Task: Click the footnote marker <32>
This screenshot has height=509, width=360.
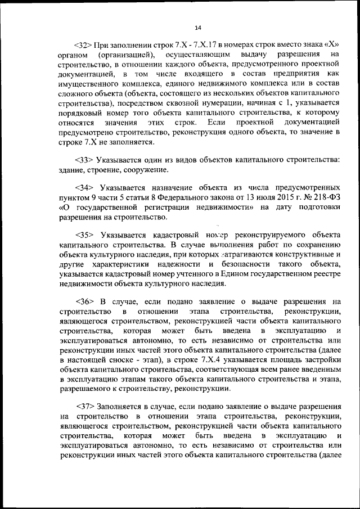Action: point(83,44)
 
